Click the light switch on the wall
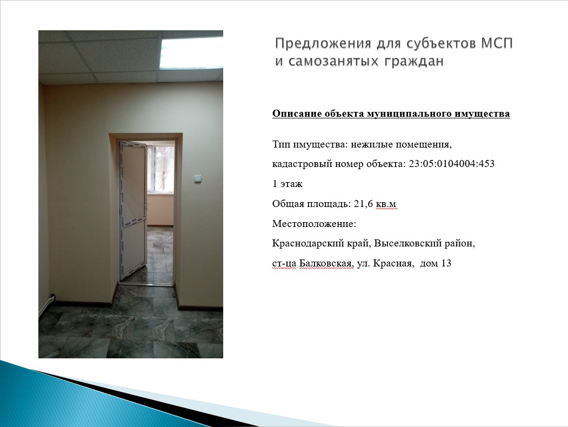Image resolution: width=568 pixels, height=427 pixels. [197, 178]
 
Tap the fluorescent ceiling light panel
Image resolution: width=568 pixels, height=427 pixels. [191, 52]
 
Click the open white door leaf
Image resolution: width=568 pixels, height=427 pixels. [133, 210]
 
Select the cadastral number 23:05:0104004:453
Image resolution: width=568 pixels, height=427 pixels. [452, 164]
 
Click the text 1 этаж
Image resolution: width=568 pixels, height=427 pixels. [288, 184]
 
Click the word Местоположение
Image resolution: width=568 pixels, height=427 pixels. [314, 223]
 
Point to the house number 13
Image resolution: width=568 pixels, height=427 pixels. [446, 263]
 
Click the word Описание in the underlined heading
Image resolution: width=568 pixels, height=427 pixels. [297, 114]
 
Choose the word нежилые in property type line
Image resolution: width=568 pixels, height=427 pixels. [372, 144]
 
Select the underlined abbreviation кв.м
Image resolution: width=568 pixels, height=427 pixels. [386, 204]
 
